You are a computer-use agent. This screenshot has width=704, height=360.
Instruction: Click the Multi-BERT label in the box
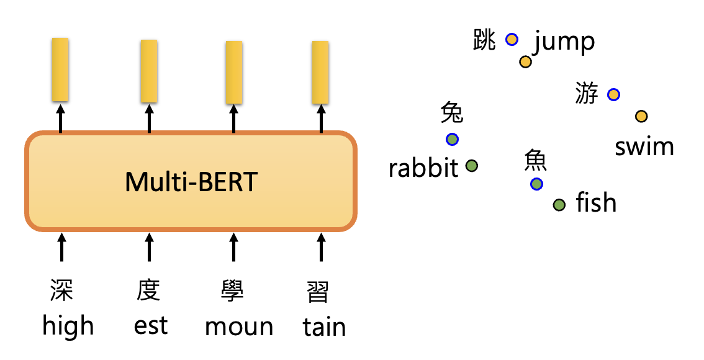[x=191, y=182]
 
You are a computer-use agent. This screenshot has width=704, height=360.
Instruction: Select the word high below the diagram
[x=68, y=326]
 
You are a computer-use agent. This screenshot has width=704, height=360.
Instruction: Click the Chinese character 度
[x=149, y=290]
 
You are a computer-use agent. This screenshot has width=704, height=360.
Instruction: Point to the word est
[x=150, y=326]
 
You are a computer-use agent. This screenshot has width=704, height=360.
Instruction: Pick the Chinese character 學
[x=233, y=290]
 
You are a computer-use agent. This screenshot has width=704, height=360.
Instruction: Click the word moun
[x=239, y=327]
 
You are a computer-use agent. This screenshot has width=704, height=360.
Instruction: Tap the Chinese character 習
[x=318, y=291]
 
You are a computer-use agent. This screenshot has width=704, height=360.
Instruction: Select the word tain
[x=324, y=327]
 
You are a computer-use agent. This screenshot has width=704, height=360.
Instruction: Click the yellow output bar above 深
[x=60, y=70]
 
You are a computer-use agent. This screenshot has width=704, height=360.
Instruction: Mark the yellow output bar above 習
[x=320, y=72]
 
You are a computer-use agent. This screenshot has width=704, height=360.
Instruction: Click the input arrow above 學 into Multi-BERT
[x=233, y=246]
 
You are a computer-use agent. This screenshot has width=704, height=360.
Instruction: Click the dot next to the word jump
[x=525, y=61]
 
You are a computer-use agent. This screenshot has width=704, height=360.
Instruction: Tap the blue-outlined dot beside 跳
[x=512, y=39]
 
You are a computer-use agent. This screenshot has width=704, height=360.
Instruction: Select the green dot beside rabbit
[x=472, y=166]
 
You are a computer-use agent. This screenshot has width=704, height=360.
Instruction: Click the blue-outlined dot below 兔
[x=452, y=139]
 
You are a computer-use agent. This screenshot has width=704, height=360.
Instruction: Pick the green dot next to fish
[x=559, y=205]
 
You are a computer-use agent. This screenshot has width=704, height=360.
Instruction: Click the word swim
[x=644, y=147]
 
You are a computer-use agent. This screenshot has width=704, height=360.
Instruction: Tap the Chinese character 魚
[x=535, y=161]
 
